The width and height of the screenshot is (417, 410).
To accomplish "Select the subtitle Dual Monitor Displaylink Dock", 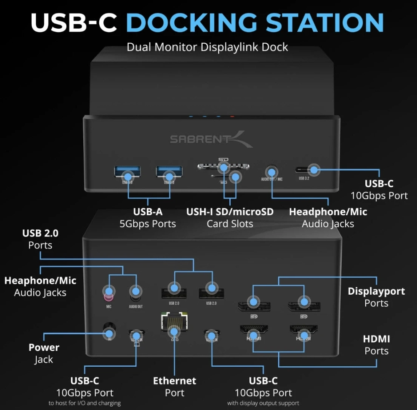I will pyautogui.click(x=207, y=47).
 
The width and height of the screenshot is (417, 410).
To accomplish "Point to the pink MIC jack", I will pyautogui.click(x=109, y=292).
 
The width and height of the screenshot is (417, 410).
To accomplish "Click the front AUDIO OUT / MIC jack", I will pyautogui.click(x=272, y=171).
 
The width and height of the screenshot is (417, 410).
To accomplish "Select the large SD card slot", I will pyautogui.click(x=224, y=167).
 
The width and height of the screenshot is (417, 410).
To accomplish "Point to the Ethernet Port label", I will pyautogui.click(x=174, y=387).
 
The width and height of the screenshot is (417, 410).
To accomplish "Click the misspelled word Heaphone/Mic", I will pyautogui.click(x=40, y=281).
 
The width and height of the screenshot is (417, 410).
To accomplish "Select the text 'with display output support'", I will pyautogui.click(x=263, y=403).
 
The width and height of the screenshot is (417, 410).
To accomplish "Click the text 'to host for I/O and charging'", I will pyautogui.click(x=85, y=403).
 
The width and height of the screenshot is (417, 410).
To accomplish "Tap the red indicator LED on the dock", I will pyautogui.click(x=232, y=116).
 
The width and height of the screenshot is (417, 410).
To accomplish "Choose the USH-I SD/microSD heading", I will pyautogui.click(x=230, y=212).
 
